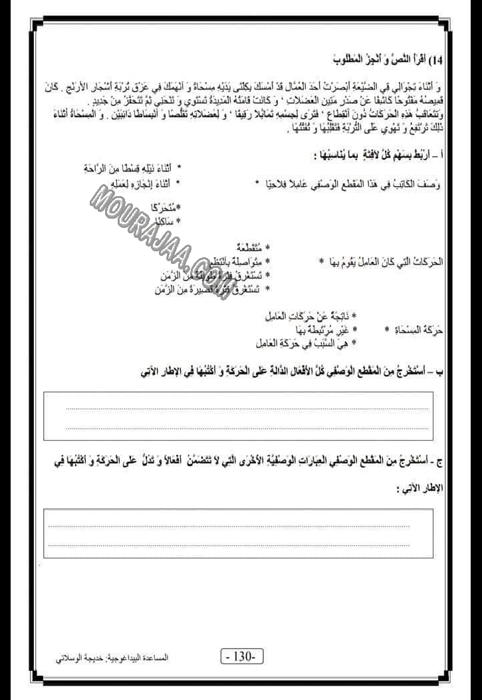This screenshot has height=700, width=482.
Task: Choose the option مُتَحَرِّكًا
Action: (160, 207)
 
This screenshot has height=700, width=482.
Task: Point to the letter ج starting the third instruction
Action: (441, 463)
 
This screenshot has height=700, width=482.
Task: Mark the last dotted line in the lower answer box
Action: (229, 544)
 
